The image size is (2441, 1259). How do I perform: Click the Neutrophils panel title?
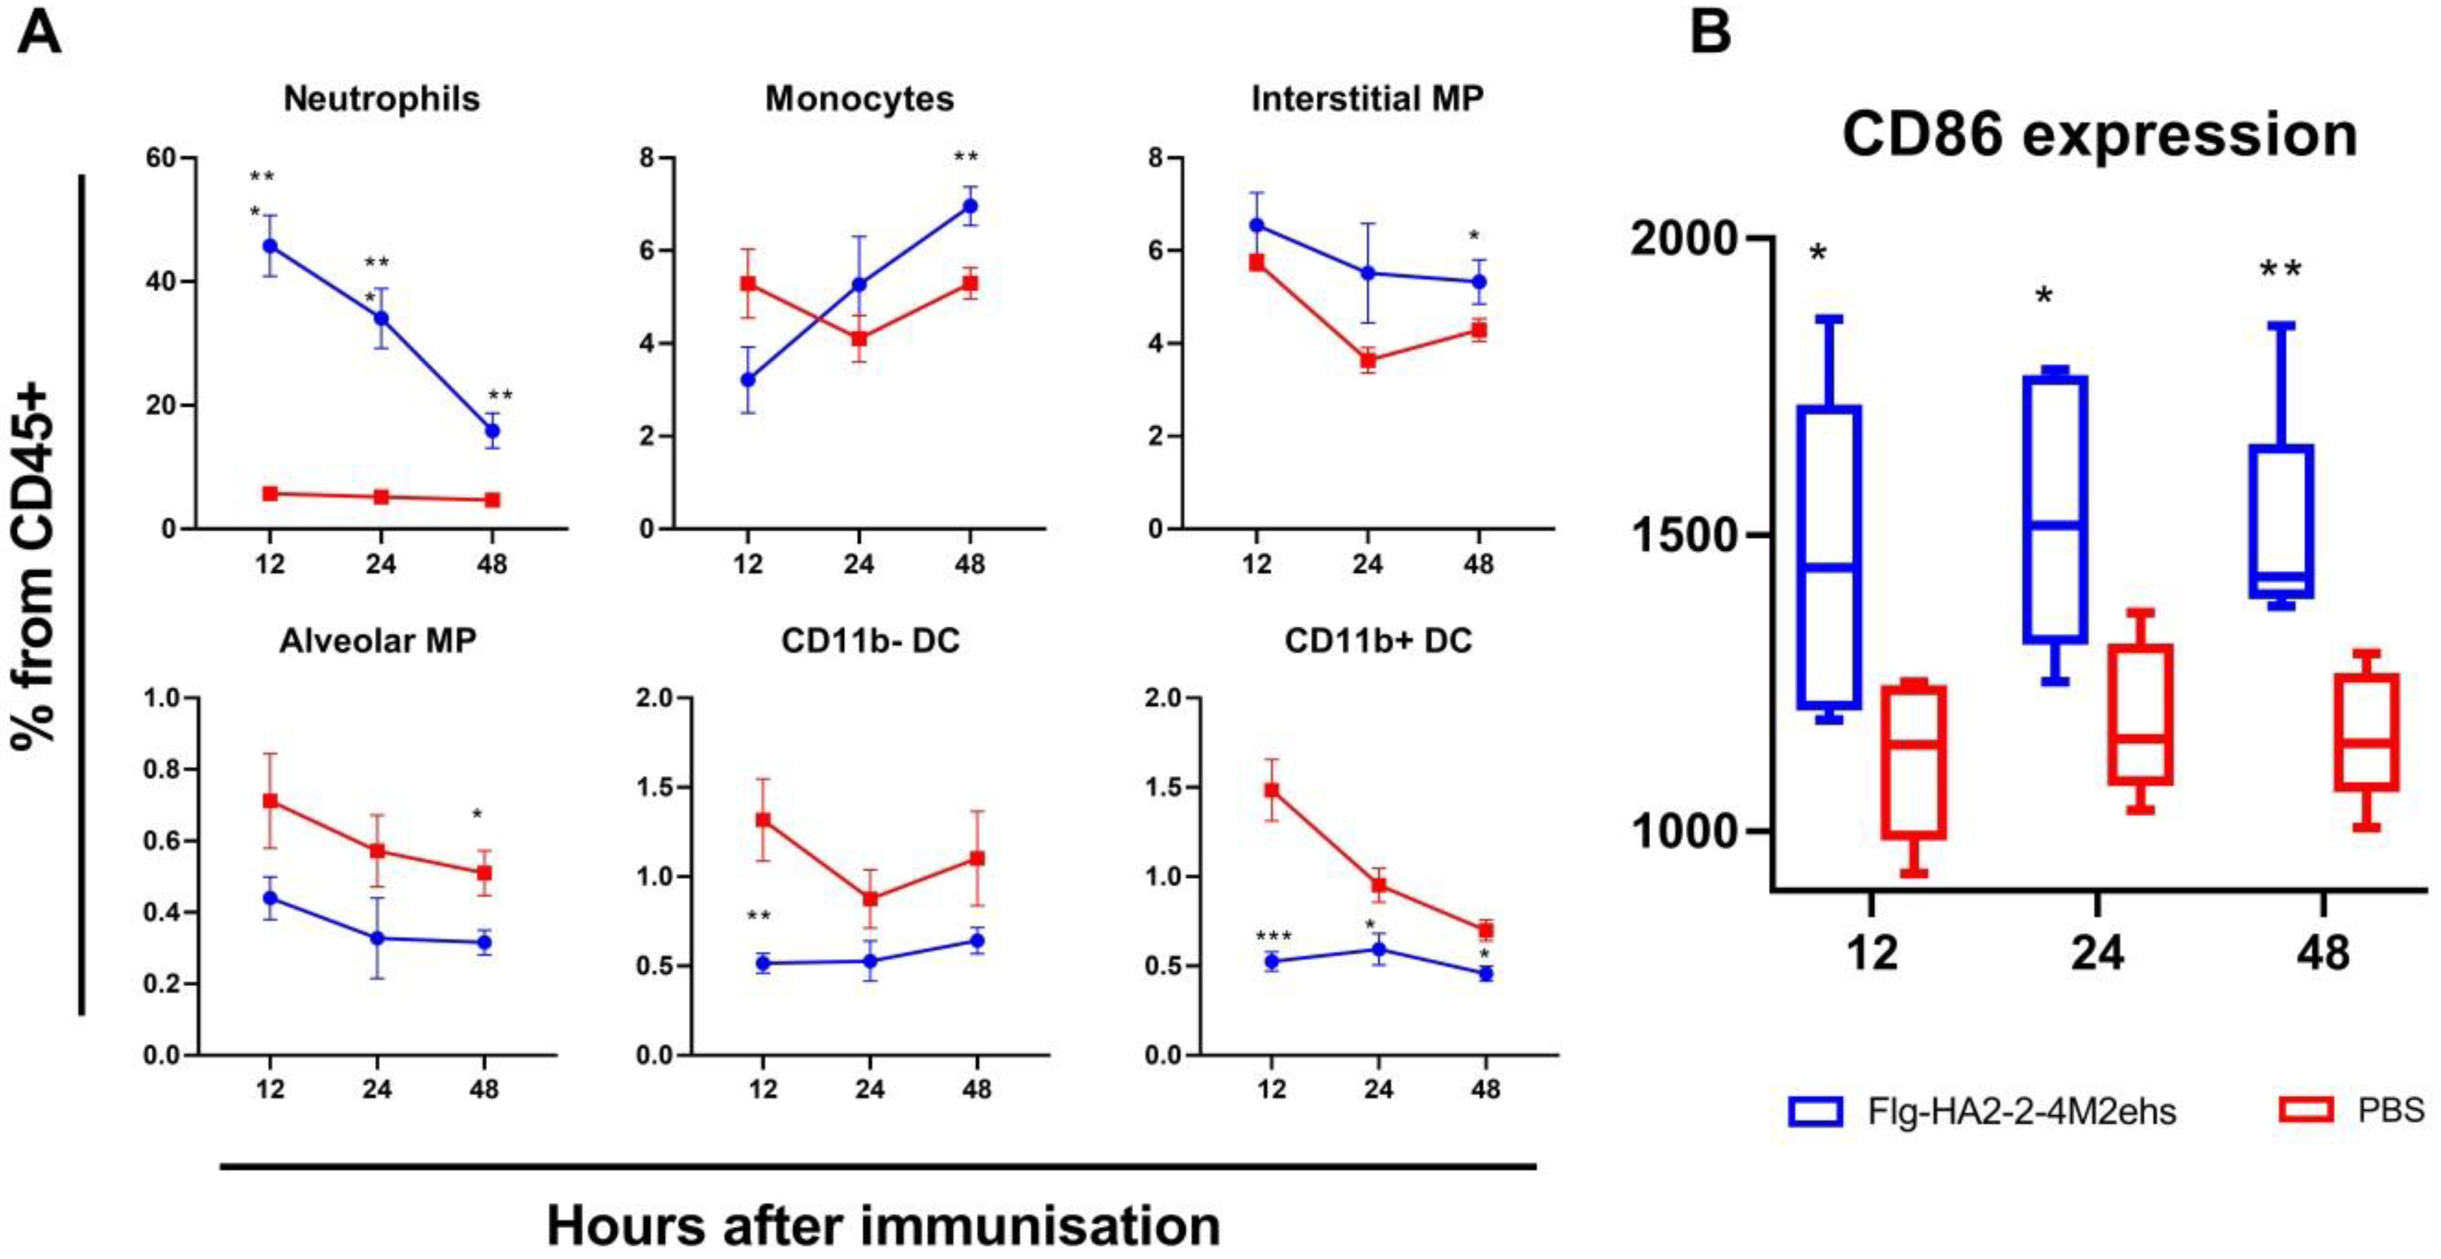(x=382, y=98)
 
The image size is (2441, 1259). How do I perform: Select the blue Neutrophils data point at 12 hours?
(x=270, y=245)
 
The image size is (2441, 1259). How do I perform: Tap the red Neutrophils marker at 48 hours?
(x=492, y=499)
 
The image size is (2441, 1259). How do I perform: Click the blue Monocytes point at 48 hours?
(x=969, y=206)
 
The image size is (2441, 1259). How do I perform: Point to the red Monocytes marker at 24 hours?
(x=859, y=338)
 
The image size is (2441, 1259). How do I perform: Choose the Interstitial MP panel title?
(x=1366, y=98)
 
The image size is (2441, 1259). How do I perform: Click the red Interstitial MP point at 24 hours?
(x=1367, y=360)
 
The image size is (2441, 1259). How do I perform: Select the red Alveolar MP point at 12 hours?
(x=270, y=801)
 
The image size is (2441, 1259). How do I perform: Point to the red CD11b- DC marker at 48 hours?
(x=977, y=858)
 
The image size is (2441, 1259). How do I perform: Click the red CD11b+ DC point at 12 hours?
(x=1272, y=790)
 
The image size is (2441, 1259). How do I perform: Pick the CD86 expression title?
(x=2099, y=135)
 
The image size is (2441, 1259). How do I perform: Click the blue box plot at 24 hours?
(x=2054, y=509)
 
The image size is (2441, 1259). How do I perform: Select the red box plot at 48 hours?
(x=2366, y=731)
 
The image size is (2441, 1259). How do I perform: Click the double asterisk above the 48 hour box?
(x=2280, y=270)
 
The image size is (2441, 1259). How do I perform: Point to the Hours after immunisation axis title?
(x=883, y=1225)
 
